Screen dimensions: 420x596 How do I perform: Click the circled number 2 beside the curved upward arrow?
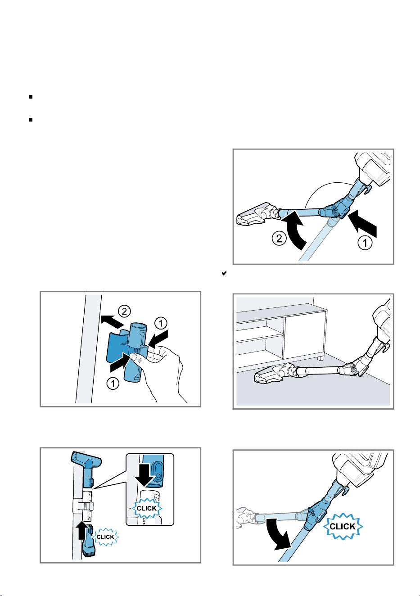point(279,238)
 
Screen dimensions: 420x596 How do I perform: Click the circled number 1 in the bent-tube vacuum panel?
point(365,242)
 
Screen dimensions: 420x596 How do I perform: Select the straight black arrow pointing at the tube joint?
point(362,223)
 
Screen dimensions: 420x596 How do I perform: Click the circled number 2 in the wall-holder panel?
point(125,311)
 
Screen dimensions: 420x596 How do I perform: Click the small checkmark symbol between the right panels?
point(224,273)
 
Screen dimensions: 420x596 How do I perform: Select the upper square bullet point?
point(31,97)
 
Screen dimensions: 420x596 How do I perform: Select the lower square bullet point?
point(31,120)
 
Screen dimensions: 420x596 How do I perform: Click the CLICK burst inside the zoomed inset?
point(147,509)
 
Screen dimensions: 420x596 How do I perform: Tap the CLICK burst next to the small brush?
point(105,537)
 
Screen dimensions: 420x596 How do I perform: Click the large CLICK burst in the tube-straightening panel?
point(343,526)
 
